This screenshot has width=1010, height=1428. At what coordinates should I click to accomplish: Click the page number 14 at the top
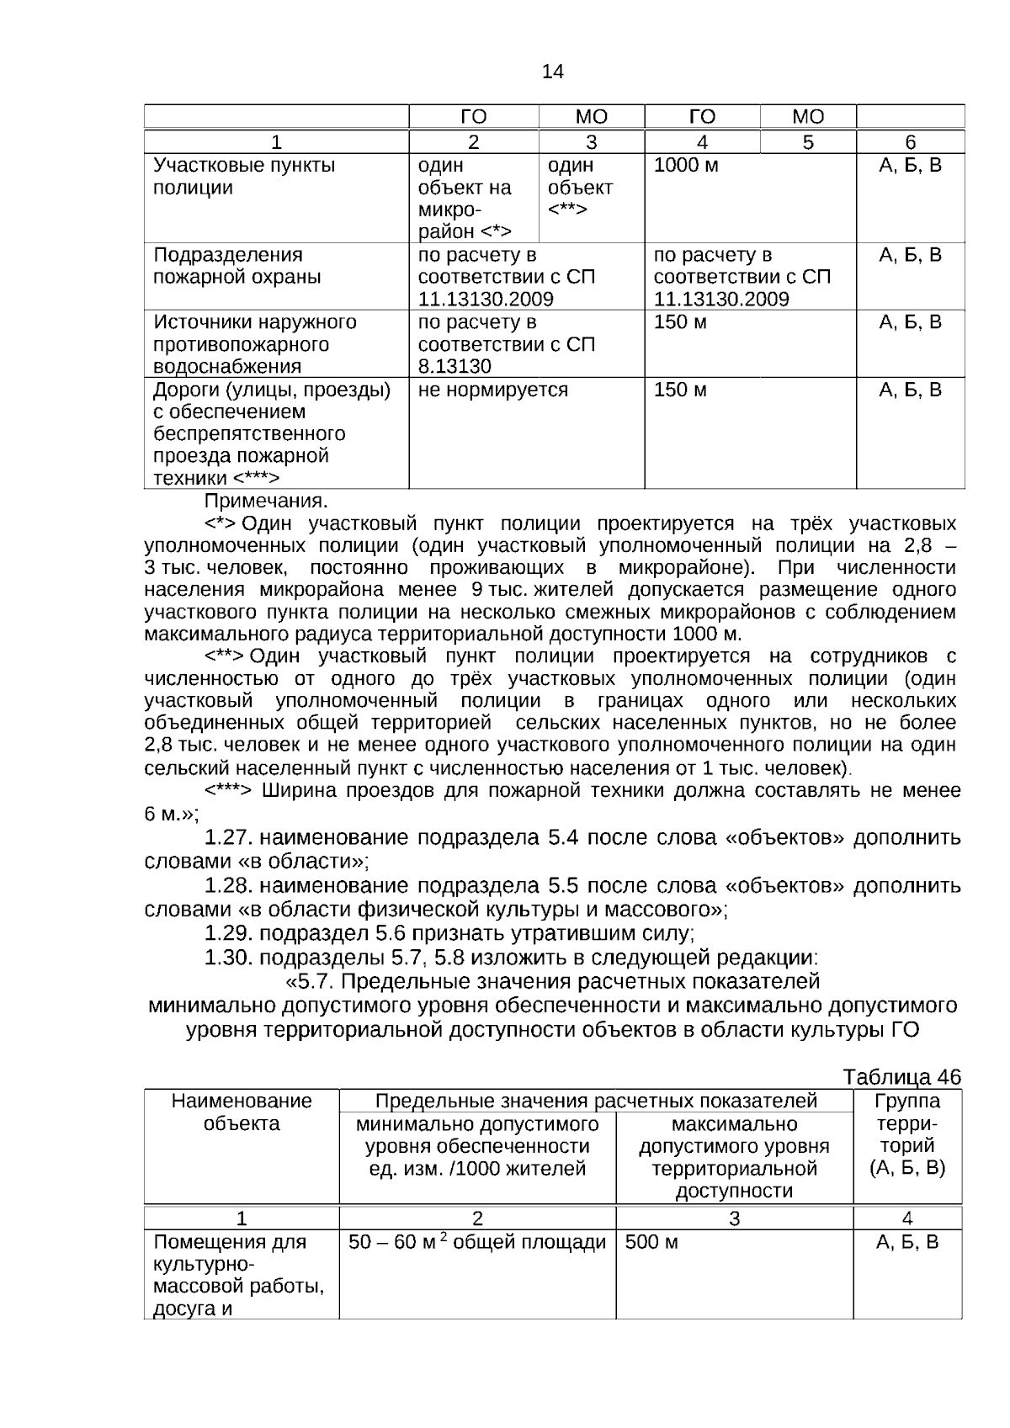coord(552,72)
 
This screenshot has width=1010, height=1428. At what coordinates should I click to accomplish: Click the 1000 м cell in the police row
coord(686,165)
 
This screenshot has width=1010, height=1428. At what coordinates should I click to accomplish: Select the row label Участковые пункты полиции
coord(243,176)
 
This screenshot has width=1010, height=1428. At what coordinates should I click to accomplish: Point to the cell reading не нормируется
coord(492,390)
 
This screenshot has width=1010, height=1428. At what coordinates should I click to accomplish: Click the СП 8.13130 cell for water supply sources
coord(506,344)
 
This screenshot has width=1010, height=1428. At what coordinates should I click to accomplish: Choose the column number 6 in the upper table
coord(910,142)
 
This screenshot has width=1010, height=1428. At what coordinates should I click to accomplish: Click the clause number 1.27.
coord(229,837)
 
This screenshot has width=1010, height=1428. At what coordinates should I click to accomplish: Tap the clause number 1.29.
coord(229,933)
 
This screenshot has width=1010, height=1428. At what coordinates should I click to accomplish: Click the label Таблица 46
coord(901,1077)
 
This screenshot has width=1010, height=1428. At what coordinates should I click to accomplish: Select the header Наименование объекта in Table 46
coord(242,1112)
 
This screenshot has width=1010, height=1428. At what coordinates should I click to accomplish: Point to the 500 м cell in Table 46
coord(651,1242)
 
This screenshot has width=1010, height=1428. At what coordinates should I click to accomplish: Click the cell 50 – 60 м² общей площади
coord(476,1242)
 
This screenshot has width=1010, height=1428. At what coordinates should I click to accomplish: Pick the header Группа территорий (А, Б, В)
coord(906,1133)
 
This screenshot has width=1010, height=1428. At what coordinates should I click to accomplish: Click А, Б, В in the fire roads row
coord(910,390)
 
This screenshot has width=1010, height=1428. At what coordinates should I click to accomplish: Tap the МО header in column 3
coord(591,117)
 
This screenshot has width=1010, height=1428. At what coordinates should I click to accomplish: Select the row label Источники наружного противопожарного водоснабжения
coord(254,344)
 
